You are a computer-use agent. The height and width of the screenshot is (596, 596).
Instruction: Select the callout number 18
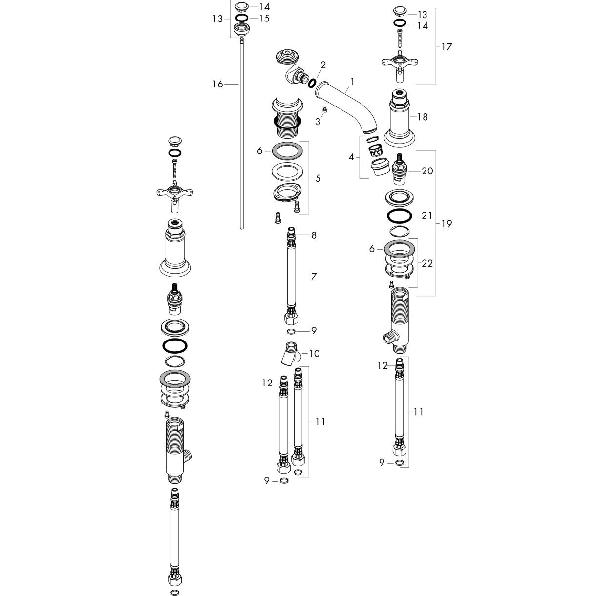click(422, 117)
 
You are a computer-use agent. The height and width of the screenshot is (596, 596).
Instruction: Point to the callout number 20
click(427, 171)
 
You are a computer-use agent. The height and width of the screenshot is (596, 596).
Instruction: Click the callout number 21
click(427, 215)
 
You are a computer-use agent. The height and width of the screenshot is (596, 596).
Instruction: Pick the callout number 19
click(447, 224)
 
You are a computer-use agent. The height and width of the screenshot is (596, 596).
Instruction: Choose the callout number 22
click(427, 263)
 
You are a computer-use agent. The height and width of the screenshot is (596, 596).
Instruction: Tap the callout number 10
click(314, 353)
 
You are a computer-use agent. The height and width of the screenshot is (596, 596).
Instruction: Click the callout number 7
click(314, 277)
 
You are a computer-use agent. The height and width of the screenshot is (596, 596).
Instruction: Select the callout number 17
click(447, 47)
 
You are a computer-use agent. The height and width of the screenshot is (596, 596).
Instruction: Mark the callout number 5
click(318, 178)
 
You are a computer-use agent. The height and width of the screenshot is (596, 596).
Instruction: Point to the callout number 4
click(351, 157)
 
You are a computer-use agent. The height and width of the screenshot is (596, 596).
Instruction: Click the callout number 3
click(318, 122)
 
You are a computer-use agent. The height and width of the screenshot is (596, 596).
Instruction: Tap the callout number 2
click(323, 65)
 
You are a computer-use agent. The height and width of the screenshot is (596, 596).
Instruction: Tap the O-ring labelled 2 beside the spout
click(312, 83)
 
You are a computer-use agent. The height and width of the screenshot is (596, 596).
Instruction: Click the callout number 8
click(314, 235)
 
